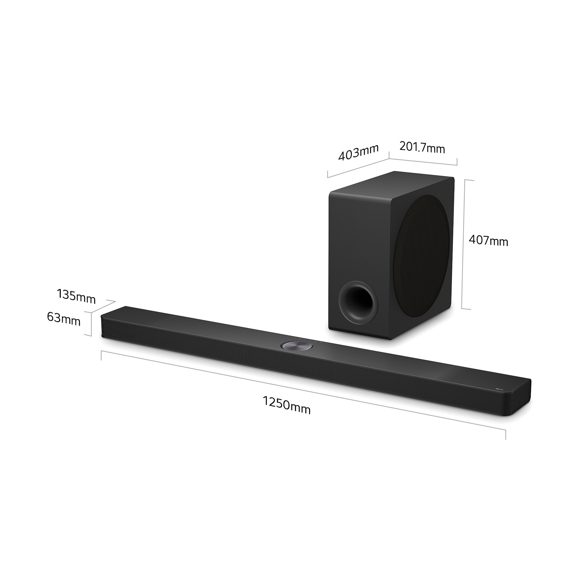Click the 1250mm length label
click(x=286, y=405)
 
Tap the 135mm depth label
click(x=76, y=296)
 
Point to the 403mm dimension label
click(x=358, y=152)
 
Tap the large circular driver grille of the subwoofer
click(x=422, y=255)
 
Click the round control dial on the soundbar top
click(x=297, y=347)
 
